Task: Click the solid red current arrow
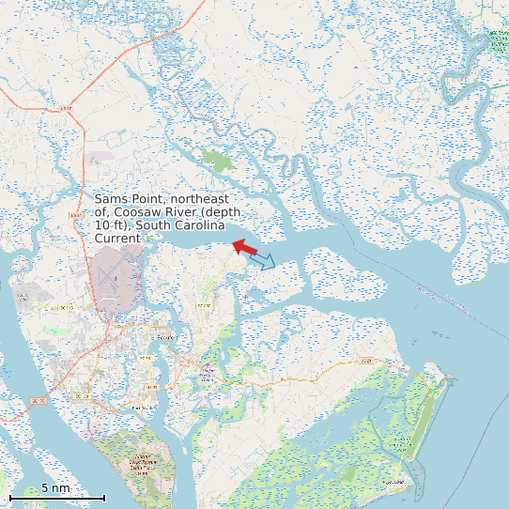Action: [x=244, y=247]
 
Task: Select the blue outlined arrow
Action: [x=263, y=259]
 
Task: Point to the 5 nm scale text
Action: [x=55, y=488]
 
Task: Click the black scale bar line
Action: [x=56, y=498]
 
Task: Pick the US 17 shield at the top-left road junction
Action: [x=65, y=110]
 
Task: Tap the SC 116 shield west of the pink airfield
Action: [x=66, y=307]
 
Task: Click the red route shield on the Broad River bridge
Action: [x=39, y=401]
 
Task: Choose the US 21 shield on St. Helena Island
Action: [x=366, y=360]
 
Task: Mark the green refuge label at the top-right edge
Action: [x=497, y=40]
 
